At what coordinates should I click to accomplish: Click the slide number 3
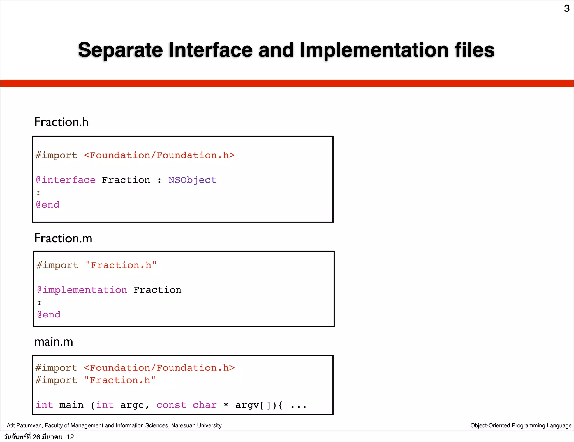click(566, 9)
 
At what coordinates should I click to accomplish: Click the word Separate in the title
click(120, 50)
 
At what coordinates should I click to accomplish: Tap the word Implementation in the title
click(374, 50)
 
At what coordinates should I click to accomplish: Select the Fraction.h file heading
click(61, 122)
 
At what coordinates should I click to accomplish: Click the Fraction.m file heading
click(63, 238)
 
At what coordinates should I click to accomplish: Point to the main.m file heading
click(54, 342)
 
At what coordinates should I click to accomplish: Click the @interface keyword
click(66, 180)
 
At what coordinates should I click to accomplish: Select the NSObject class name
click(192, 180)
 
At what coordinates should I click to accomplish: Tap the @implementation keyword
click(82, 290)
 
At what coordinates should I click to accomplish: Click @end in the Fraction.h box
click(48, 205)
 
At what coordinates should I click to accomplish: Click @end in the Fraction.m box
click(49, 315)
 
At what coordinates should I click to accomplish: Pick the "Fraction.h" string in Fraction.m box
click(121, 265)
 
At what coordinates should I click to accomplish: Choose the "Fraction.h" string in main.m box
click(120, 380)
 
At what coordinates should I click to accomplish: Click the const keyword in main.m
click(171, 405)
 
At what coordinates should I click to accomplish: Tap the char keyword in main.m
click(205, 405)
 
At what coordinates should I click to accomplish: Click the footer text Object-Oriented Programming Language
click(521, 425)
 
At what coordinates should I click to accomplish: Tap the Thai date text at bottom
click(39, 437)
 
